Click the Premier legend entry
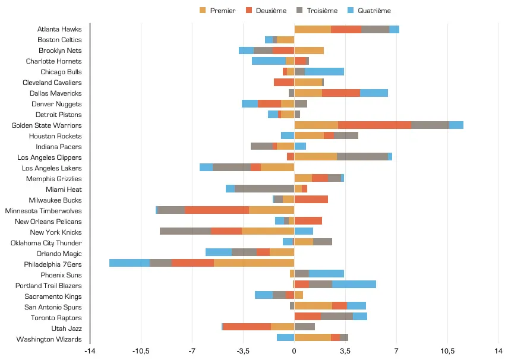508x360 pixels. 218,11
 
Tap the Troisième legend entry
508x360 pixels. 318,11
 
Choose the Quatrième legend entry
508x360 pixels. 370,11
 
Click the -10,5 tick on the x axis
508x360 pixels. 141,351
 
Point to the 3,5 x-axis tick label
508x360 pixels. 345,351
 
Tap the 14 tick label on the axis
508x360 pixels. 498,351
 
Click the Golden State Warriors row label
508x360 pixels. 46,125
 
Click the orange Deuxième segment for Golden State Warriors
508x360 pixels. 374,125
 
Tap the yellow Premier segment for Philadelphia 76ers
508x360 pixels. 254,264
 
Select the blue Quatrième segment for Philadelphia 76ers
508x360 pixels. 130,264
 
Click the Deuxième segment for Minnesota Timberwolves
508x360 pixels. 217,211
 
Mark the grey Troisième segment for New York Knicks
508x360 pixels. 185,232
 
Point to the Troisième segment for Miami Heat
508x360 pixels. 264,190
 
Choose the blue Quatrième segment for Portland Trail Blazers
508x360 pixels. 354,286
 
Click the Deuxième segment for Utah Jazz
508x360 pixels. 247,329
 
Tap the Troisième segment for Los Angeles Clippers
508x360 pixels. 362,157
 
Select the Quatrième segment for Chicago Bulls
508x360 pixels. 324,72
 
